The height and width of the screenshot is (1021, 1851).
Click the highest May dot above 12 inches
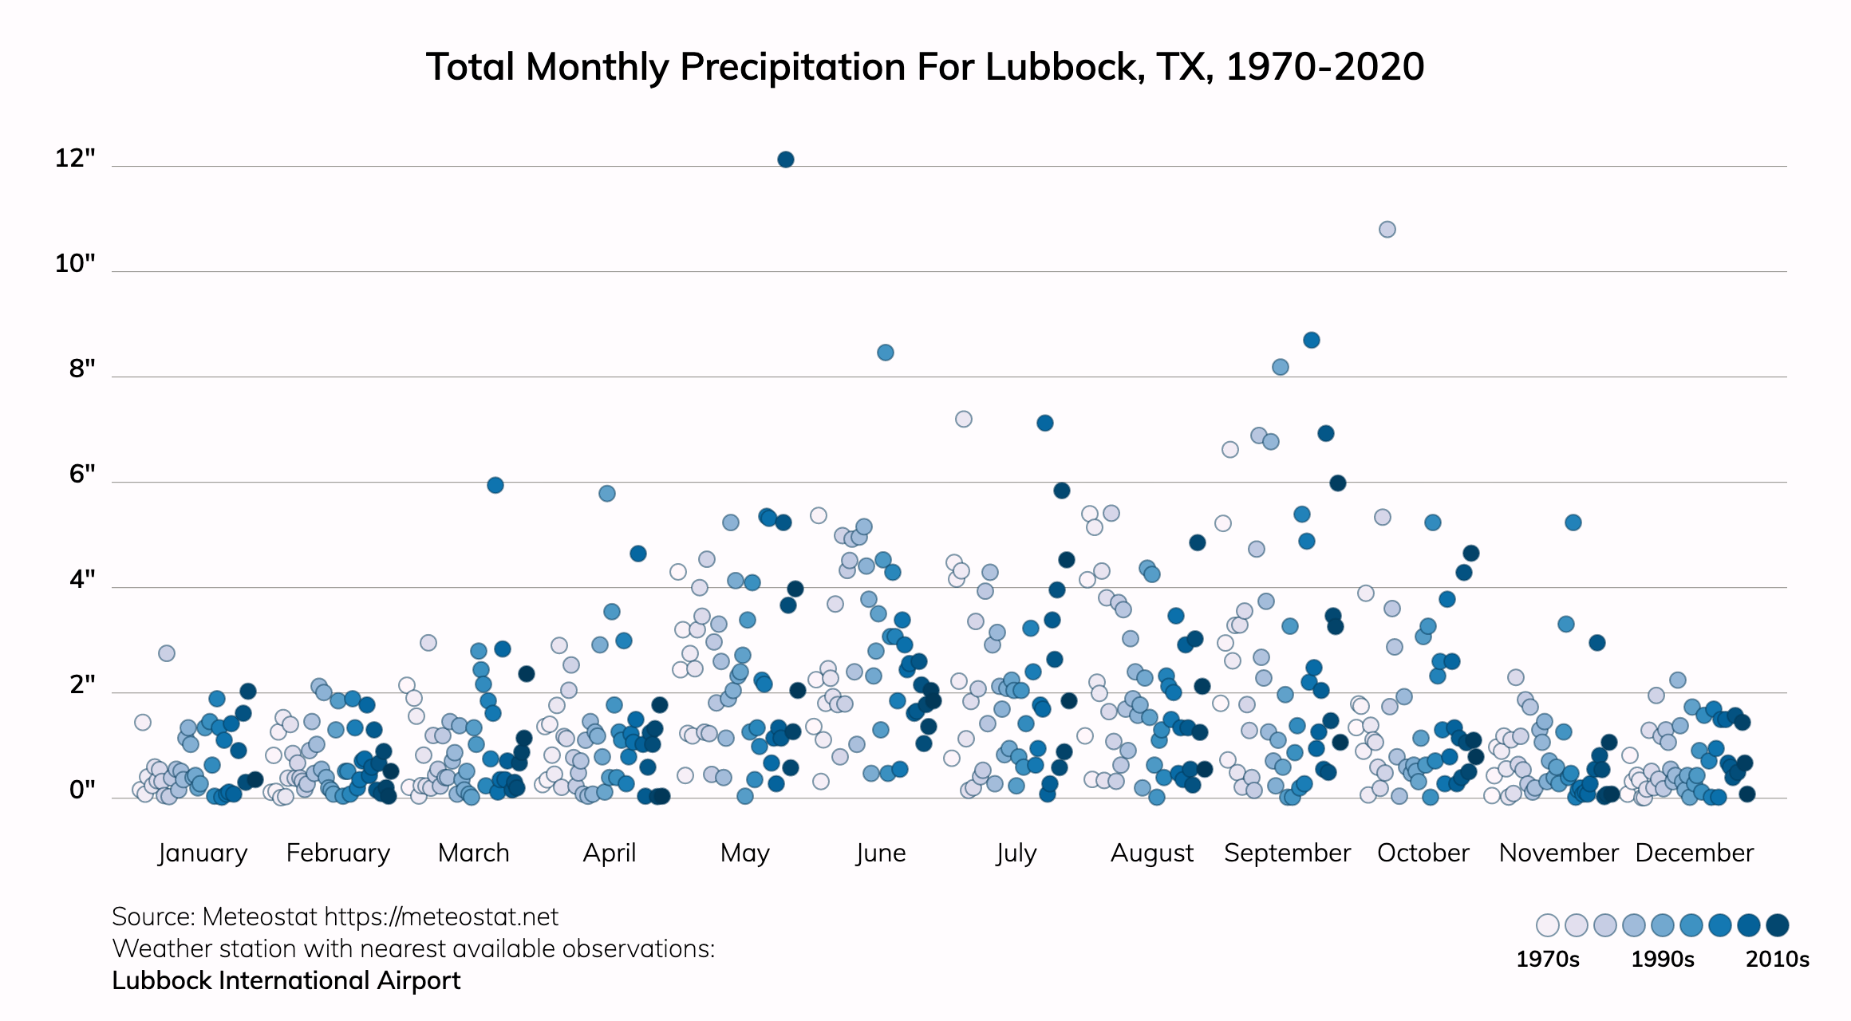coord(785,160)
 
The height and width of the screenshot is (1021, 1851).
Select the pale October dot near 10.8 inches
coord(1387,230)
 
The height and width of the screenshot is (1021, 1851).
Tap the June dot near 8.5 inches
coord(885,353)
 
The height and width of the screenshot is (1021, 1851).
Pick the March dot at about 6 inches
coord(495,485)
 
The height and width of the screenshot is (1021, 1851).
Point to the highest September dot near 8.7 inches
coord(1311,341)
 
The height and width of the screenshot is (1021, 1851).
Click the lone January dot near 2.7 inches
coord(166,653)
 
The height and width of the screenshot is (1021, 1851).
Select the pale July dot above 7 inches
coord(963,419)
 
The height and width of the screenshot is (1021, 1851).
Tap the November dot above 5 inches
coord(1573,522)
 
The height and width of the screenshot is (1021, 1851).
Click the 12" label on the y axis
coord(75,159)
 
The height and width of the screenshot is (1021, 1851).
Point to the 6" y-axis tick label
coord(82,475)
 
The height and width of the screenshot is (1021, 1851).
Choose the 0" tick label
coord(82,790)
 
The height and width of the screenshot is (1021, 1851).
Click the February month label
coord(338,853)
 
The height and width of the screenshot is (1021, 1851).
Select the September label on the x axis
coord(1287,853)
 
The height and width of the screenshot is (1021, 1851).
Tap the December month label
coord(1694,853)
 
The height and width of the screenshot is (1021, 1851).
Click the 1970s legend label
coord(1547,959)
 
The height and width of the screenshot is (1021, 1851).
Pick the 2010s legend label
coord(1777,959)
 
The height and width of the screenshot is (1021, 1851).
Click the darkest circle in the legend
coord(1777,925)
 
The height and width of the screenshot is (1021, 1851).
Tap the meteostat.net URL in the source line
coord(441,917)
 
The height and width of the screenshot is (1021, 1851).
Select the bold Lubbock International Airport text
coord(286,980)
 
